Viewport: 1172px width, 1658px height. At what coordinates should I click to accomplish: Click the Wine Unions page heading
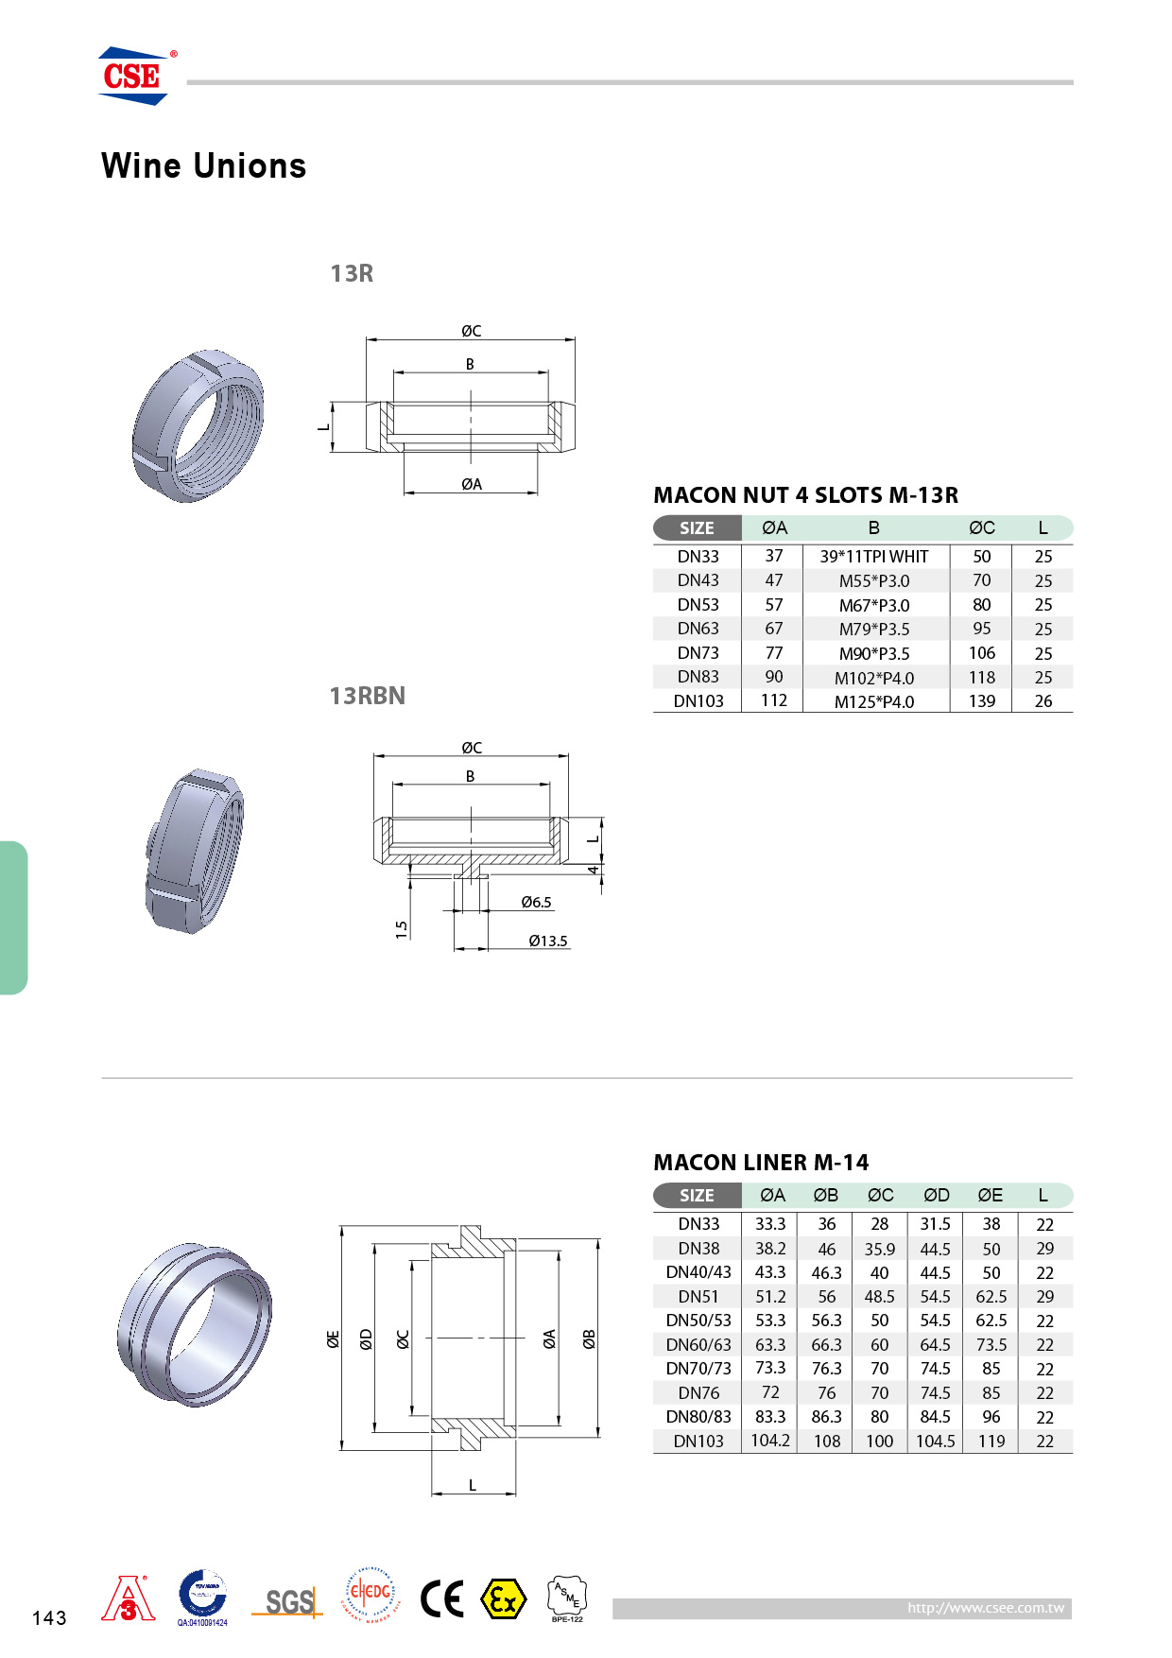[204, 166]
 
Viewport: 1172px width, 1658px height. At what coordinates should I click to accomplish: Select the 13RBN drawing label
[368, 696]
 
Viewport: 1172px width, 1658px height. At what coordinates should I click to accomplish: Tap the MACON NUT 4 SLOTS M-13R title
[806, 495]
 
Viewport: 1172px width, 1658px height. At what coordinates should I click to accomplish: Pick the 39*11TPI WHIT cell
[874, 557]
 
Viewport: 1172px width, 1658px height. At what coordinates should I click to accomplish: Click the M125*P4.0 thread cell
[874, 701]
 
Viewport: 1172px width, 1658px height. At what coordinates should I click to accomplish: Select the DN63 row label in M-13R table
[698, 629]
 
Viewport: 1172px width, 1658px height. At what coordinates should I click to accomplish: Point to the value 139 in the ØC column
[982, 701]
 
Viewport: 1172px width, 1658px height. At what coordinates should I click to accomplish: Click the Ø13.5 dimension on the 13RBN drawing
[548, 941]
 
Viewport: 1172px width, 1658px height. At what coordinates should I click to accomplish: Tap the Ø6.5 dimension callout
[536, 902]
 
